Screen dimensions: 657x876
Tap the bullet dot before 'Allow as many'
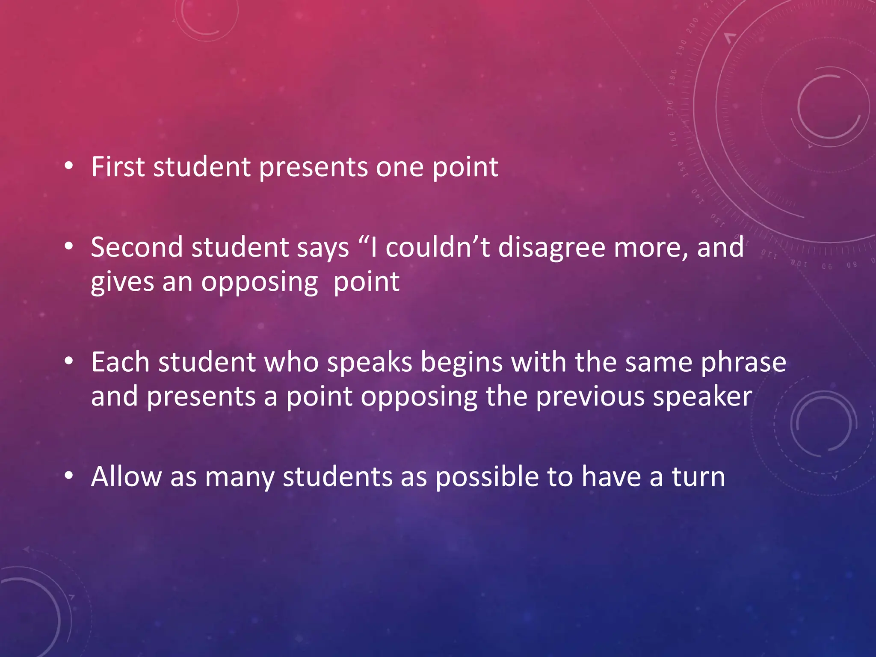point(69,476)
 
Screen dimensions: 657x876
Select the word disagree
point(551,248)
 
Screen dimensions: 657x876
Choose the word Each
point(120,362)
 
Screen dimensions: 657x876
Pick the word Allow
point(126,476)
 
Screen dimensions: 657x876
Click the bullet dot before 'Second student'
point(69,246)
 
